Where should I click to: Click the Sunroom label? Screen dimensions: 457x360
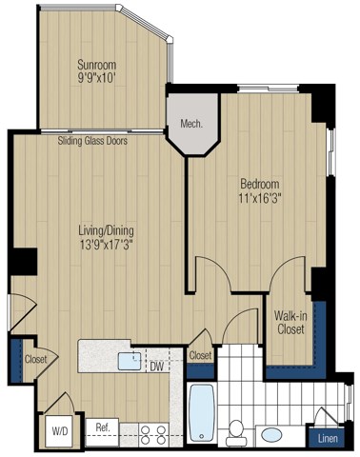pos(99,66)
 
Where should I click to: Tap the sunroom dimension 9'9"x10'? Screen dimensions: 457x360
pos(99,80)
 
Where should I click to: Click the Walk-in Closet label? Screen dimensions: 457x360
pos(290,323)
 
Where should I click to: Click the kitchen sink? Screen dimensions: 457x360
pos(128,360)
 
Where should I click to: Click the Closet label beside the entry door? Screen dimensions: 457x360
pos(36,360)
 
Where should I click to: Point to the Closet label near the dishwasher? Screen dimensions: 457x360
pos(200,355)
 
